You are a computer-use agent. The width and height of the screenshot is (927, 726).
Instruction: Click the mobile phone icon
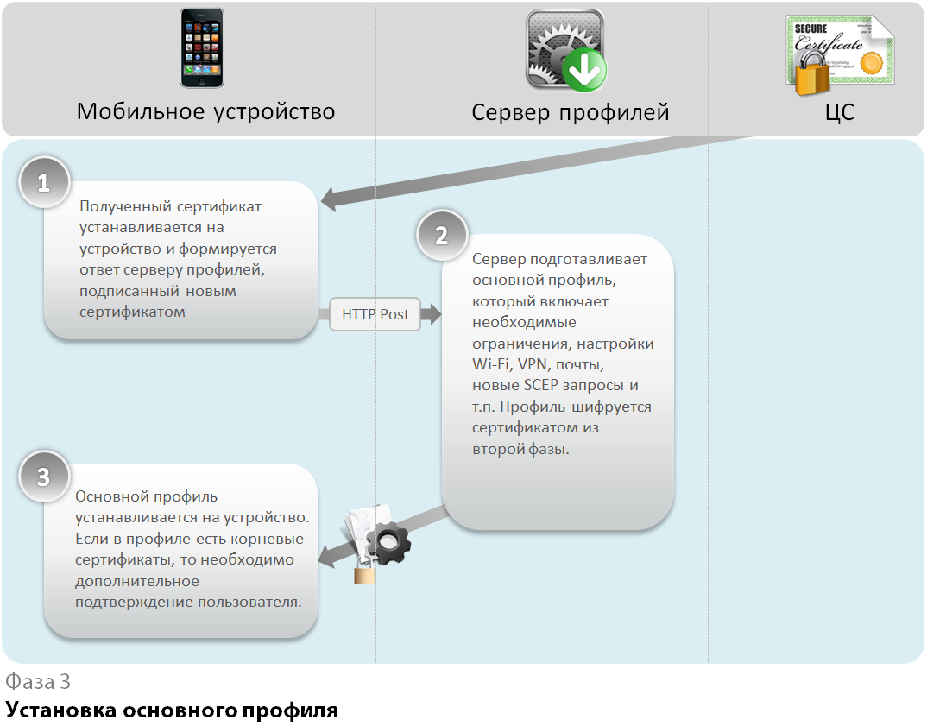(x=202, y=47)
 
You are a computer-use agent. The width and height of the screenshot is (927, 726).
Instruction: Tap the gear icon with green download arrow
(x=565, y=49)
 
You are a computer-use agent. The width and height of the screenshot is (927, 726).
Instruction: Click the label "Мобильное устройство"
(x=205, y=111)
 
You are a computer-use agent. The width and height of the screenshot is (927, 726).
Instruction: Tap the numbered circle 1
(x=43, y=183)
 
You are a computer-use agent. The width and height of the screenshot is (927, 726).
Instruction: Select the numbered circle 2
(x=441, y=236)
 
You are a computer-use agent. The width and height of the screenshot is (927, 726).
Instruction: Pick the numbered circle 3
(x=43, y=477)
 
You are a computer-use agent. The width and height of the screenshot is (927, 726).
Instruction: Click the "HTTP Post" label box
(x=375, y=314)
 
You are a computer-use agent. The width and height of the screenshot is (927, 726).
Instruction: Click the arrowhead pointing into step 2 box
(x=432, y=314)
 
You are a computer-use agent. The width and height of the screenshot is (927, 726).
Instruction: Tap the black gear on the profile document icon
(x=388, y=543)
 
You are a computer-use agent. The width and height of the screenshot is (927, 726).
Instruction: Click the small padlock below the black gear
(x=364, y=573)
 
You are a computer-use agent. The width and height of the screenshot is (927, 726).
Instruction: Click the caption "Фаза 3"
(x=38, y=681)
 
